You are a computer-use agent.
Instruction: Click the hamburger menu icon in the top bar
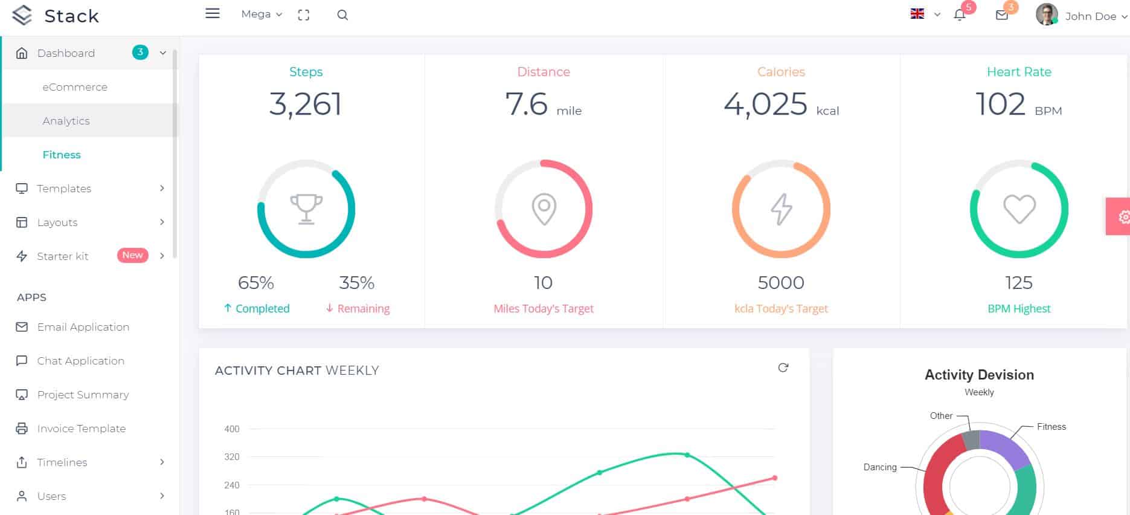tap(212, 13)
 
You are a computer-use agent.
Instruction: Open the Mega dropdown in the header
tap(261, 14)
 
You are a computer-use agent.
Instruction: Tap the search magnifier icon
tap(342, 15)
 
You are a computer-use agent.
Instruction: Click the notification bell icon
tap(959, 15)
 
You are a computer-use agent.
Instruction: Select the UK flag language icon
tap(917, 14)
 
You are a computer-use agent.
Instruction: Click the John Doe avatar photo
tap(1046, 15)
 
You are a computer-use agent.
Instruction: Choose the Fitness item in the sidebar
tap(62, 155)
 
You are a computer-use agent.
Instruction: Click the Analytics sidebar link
tap(66, 121)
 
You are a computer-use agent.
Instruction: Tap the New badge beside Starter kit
tap(132, 255)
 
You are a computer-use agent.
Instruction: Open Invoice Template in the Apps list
tap(81, 429)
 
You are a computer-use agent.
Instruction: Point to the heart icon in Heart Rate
tap(1019, 209)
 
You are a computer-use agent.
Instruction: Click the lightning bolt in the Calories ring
tap(781, 209)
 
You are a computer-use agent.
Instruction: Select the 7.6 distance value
tap(526, 105)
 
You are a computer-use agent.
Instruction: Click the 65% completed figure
tap(256, 283)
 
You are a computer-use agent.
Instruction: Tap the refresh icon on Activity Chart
tap(783, 368)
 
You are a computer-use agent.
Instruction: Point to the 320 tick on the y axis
tap(232, 457)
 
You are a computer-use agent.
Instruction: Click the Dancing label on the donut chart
tap(879, 467)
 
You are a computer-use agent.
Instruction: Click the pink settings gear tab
tap(1122, 216)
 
